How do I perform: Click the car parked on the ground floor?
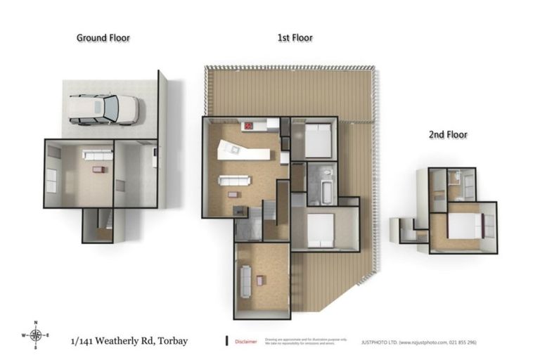coord(104,110)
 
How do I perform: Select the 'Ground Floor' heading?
coord(103,38)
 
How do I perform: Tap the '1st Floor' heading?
coord(295,38)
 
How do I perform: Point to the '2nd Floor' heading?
coord(448,134)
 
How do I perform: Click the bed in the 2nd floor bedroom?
coord(463,226)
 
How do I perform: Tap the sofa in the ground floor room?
coord(97,154)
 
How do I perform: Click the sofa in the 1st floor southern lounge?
coord(246,281)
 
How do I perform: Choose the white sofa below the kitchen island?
coord(233,180)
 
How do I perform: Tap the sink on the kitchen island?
coord(231,148)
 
